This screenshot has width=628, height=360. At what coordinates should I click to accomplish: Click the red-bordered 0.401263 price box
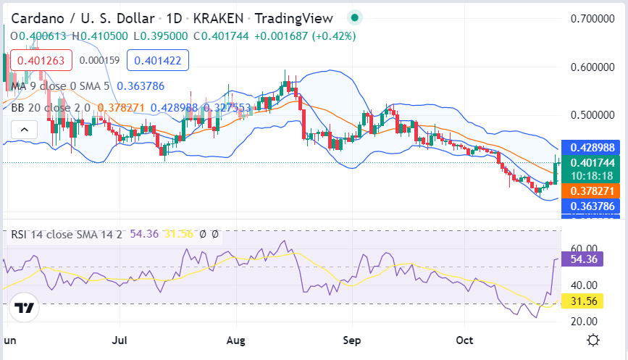point(41,60)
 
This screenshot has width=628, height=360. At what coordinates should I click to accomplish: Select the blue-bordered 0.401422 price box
point(158,60)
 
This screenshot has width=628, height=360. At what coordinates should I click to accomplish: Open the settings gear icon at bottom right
point(593,340)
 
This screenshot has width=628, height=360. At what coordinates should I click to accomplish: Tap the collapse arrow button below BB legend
point(24,130)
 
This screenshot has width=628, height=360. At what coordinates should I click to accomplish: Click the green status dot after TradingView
point(354,17)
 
